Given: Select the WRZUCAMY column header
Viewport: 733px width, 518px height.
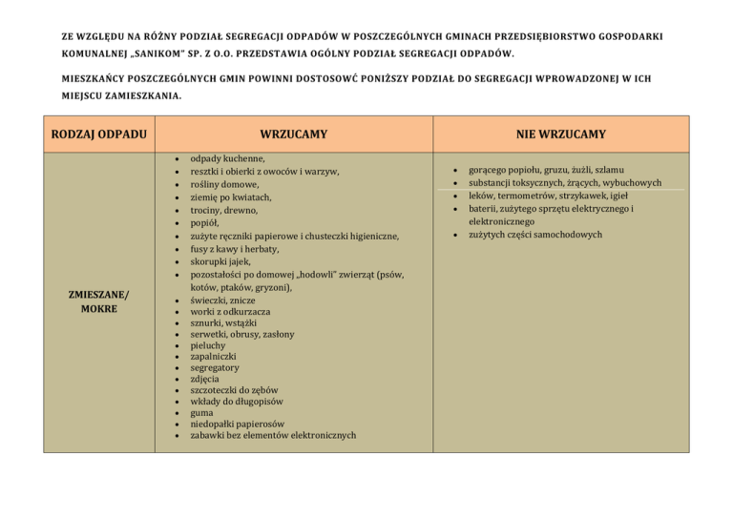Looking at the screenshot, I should click(293, 135).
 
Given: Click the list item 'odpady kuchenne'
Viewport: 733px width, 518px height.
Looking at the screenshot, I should click(228, 159).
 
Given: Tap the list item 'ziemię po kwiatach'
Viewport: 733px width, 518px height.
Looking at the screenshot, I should click(231, 197).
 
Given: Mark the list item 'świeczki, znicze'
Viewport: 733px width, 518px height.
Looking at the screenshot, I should click(223, 299).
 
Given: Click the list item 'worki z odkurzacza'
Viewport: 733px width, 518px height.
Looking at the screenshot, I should click(230, 311).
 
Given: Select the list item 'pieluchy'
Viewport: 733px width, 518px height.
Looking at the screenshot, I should click(211, 349).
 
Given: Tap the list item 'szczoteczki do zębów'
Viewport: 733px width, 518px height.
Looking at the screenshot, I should click(235, 390).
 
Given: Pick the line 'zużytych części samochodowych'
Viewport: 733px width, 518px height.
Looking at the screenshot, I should click(535, 235).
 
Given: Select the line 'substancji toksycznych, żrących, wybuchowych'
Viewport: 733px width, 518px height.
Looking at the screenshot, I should click(565, 182).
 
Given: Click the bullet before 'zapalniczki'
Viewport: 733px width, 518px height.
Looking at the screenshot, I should click(178, 364).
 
